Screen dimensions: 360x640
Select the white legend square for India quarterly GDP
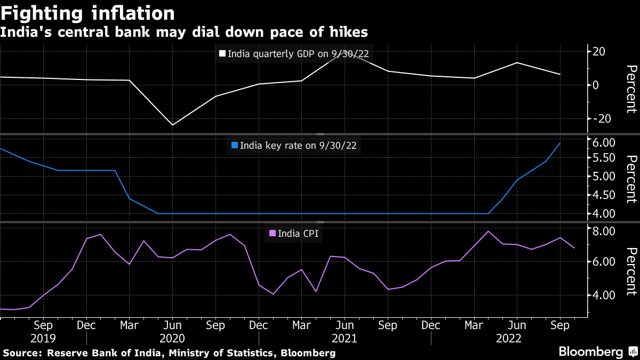222,54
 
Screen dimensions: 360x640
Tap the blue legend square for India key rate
234,145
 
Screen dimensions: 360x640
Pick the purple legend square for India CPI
272,233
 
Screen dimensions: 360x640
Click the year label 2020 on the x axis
172,338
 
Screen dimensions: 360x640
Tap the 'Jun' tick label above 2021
344,325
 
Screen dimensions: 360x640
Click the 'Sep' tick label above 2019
43,325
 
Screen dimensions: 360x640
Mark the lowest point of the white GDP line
172,125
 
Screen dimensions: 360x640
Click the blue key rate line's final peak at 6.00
559,142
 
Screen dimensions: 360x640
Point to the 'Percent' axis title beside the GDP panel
631,89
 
